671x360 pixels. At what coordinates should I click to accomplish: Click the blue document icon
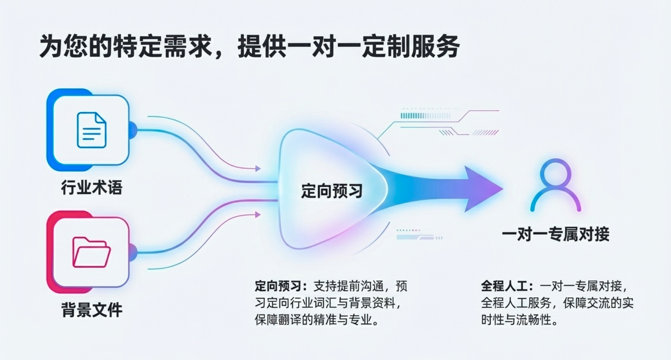pos(92,130)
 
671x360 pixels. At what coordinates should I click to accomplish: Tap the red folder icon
pos(92,252)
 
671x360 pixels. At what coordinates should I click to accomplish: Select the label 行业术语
pos(92,187)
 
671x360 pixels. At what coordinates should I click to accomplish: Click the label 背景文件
pos(92,310)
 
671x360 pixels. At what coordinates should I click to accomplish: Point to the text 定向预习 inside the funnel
pos(331,191)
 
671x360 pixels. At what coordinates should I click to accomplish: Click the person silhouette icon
pos(556,185)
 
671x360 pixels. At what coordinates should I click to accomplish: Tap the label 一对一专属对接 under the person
pos(556,234)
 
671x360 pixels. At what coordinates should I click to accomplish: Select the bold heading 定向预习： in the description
pos(281,286)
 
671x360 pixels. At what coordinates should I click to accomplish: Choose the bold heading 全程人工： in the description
pos(507,286)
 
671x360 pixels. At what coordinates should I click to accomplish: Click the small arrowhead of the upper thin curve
pos(258,169)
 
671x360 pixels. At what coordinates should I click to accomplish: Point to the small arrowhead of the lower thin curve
pos(258,215)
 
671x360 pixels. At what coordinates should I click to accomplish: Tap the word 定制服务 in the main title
pos(411,46)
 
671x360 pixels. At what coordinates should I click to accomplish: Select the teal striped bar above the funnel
pos(425,116)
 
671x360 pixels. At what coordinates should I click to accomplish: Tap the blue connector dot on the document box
pos(133,130)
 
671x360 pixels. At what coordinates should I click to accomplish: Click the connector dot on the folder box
pos(133,252)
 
